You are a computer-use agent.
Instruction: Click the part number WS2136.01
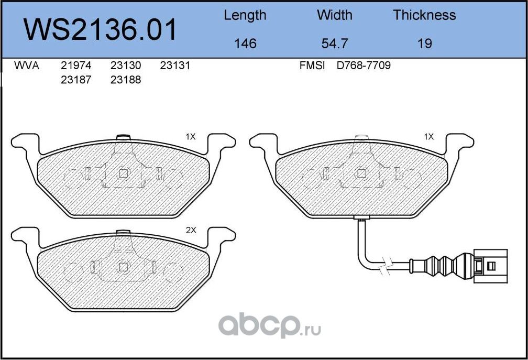point(101,30)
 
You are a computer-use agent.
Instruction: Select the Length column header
point(245,15)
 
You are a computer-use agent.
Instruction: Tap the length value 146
point(245,43)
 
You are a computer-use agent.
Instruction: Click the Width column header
point(334,15)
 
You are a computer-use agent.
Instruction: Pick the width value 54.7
point(334,43)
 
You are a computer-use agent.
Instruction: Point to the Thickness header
point(424,15)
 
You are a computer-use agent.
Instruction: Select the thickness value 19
point(424,43)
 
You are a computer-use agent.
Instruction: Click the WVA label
point(27,66)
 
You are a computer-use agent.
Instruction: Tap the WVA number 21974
point(76,66)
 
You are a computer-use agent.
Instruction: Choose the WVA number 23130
point(125,66)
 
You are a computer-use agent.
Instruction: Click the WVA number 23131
point(174,66)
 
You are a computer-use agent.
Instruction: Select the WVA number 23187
point(76,80)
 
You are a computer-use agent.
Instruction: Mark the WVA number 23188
point(125,80)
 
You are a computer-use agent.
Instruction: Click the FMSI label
point(312,66)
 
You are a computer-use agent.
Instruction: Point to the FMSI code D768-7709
point(364,66)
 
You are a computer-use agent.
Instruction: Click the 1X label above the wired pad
point(428,137)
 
